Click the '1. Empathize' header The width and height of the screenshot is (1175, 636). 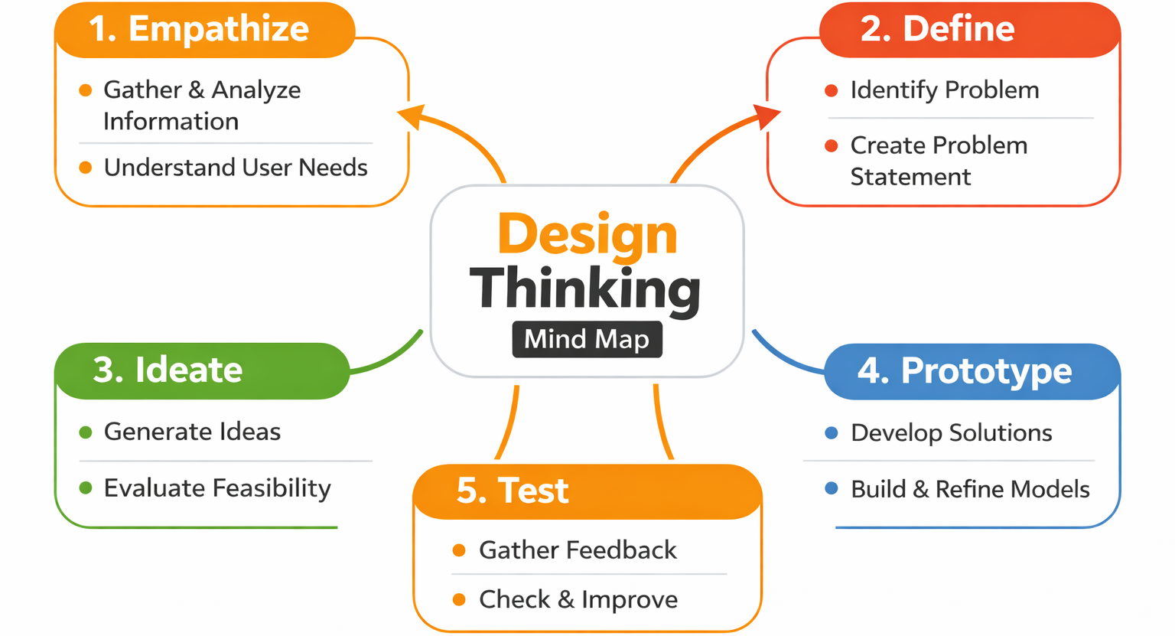[x=199, y=29]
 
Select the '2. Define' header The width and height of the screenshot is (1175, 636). [x=937, y=29]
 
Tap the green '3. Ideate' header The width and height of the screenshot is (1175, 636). [x=168, y=370]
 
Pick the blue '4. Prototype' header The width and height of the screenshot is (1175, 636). [x=964, y=371]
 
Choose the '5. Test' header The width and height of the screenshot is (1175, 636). [x=513, y=491]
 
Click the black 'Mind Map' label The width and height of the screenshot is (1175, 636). [x=587, y=339]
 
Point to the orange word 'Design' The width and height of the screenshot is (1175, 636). [x=587, y=233]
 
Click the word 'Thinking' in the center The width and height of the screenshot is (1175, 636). [x=585, y=289]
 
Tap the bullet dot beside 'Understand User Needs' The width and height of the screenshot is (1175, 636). [x=86, y=168]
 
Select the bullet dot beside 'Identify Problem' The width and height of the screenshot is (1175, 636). [x=832, y=90]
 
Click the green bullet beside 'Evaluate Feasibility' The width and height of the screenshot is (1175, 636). [x=86, y=488]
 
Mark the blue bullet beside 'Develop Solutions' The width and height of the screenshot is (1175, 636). [x=832, y=433]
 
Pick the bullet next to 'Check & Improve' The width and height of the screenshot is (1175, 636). [x=459, y=599]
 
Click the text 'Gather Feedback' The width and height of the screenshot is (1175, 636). [x=578, y=550]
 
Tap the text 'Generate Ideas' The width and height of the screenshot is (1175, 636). [x=192, y=432]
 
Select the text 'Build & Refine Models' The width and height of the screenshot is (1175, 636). [x=970, y=489]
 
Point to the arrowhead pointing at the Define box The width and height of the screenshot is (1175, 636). [x=767, y=116]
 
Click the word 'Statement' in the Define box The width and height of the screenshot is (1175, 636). [x=910, y=177]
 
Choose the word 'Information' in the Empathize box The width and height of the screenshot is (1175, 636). [x=171, y=121]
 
